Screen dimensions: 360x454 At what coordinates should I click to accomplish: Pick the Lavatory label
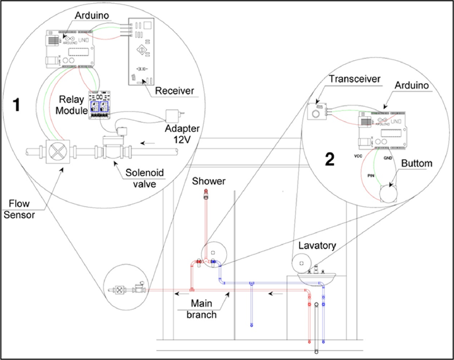pos(318,246)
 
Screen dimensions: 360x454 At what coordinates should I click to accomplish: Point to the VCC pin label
pos(359,157)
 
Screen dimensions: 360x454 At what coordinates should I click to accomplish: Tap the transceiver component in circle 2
pos(318,111)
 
